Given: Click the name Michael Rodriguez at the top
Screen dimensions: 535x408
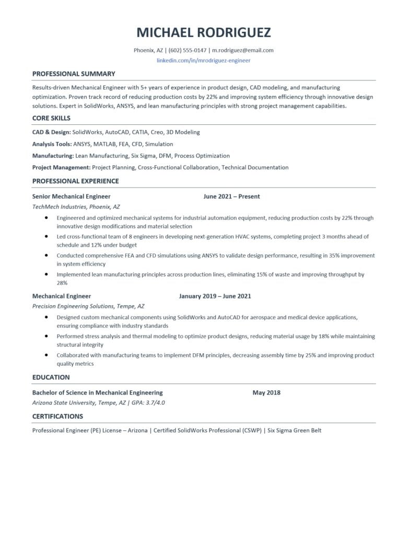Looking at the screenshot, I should pyautogui.click(x=204, y=32).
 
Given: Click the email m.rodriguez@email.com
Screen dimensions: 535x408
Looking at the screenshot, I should pyautogui.click(x=243, y=50).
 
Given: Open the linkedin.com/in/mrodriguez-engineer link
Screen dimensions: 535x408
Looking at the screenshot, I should pyautogui.click(x=204, y=60).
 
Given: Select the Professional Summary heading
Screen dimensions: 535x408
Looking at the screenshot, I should pyautogui.click(x=74, y=74).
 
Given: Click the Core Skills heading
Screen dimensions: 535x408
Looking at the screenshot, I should pyautogui.click(x=51, y=118).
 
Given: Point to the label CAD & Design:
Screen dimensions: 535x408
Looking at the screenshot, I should pyautogui.click(x=51, y=132).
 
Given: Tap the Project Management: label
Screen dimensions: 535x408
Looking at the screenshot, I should pyautogui.click(x=61, y=168).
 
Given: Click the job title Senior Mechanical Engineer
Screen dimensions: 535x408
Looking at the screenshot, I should pyautogui.click(x=71, y=196).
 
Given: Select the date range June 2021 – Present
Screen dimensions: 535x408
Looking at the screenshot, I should pyautogui.click(x=231, y=196).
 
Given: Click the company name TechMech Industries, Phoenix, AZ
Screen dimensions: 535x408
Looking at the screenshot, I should pyautogui.click(x=76, y=206).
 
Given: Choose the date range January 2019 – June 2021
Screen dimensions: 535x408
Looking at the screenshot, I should pyautogui.click(x=215, y=296).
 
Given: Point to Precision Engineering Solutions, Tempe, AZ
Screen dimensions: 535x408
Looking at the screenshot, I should pyautogui.click(x=88, y=306).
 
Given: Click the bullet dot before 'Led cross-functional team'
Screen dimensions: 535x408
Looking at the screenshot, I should pyautogui.click(x=46, y=236).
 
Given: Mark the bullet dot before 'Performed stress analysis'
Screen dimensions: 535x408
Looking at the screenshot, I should pyautogui.click(x=46, y=336).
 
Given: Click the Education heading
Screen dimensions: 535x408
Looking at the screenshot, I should pyautogui.click(x=51, y=377).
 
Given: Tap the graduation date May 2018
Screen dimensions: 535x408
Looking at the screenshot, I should pyautogui.click(x=266, y=392).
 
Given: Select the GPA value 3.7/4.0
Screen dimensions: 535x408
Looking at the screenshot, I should pyautogui.click(x=155, y=403).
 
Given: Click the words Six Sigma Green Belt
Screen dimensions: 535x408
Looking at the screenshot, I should pyautogui.click(x=294, y=431).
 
